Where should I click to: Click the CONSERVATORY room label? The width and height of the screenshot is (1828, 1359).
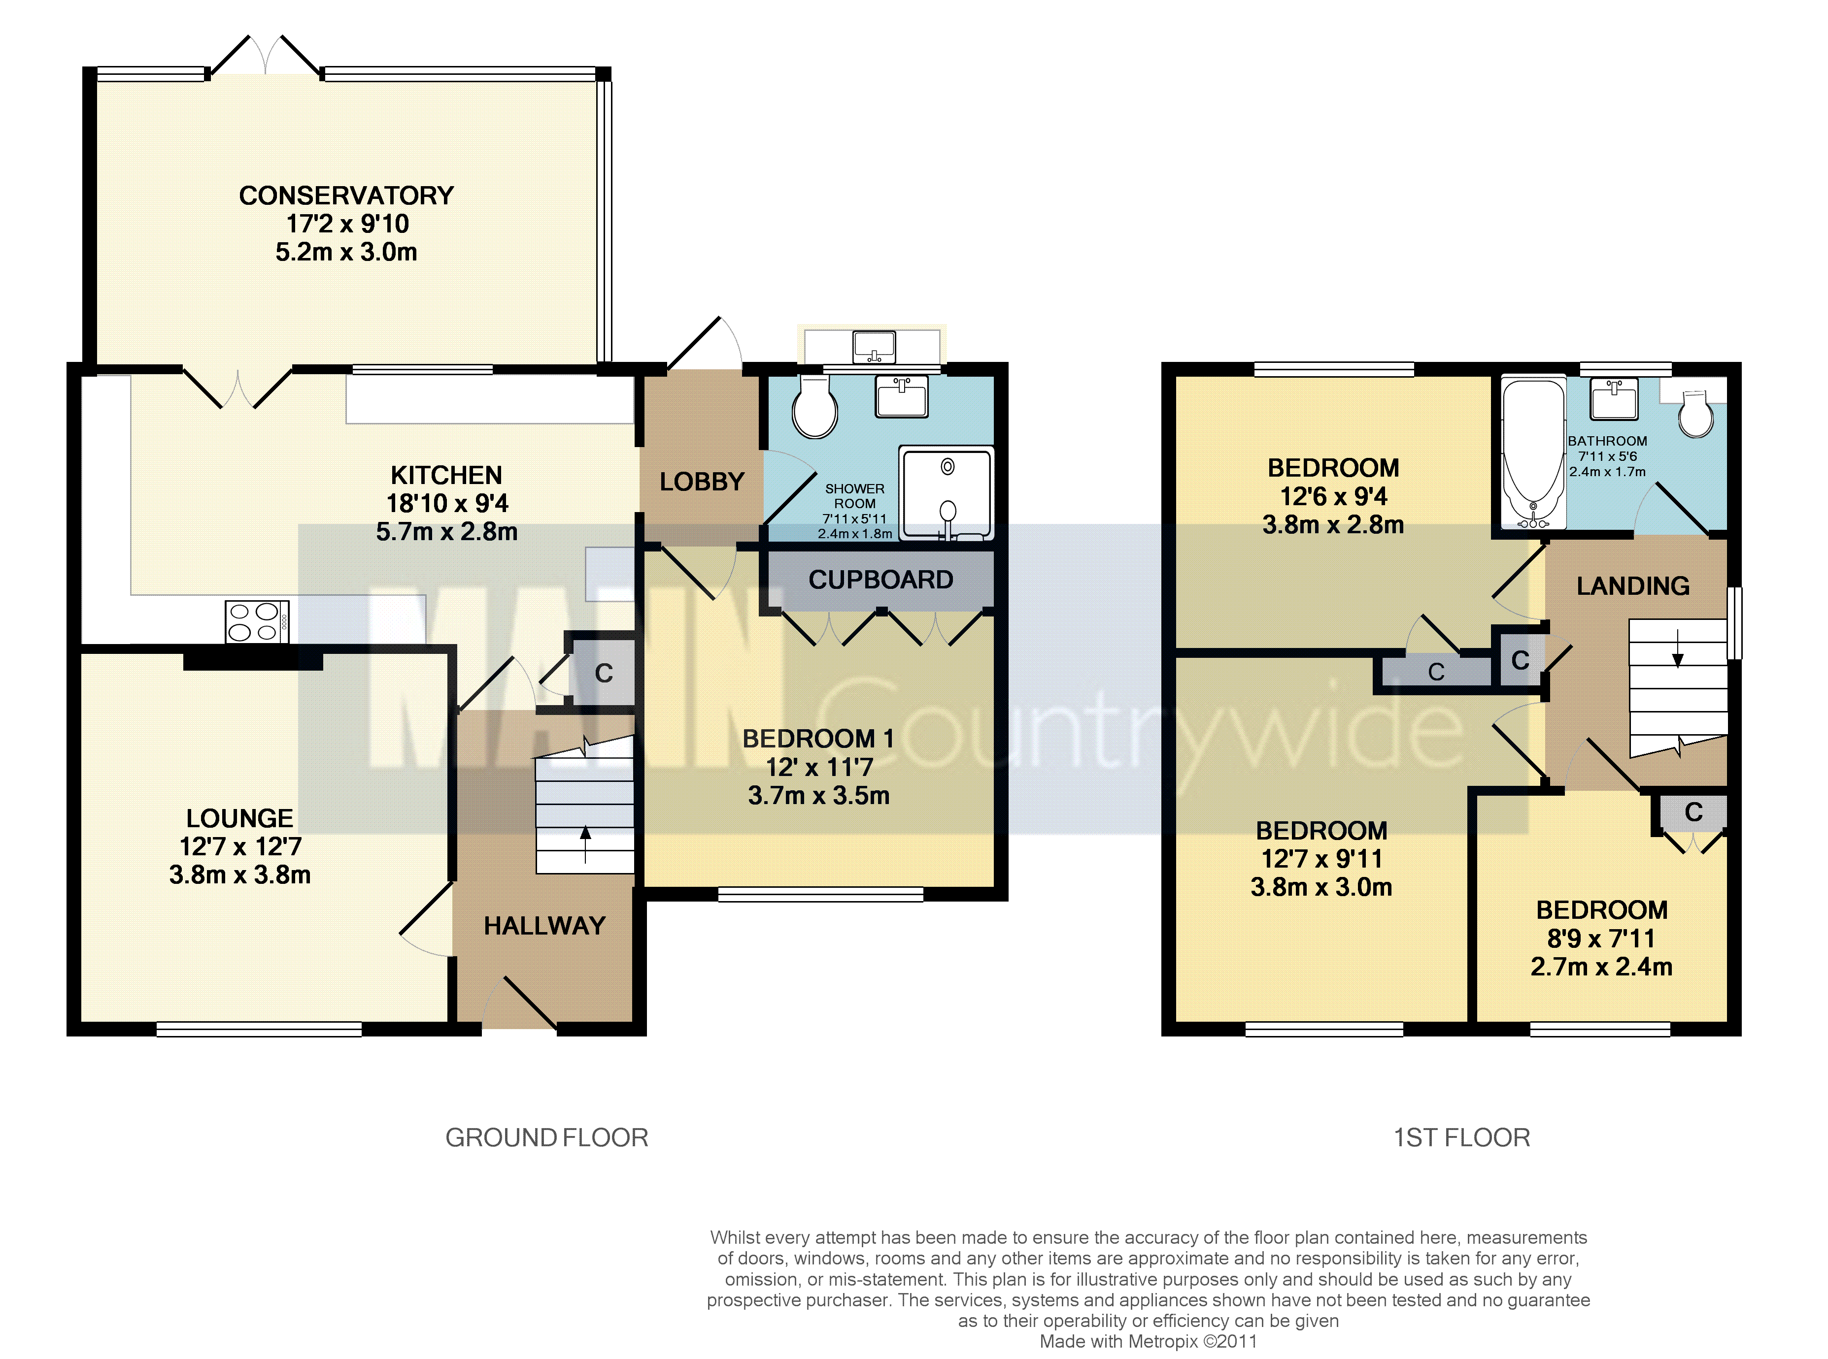[346, 196]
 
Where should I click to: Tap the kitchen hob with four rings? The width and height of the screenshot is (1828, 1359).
[257, 622]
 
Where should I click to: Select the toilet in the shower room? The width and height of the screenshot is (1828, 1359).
[815, 407]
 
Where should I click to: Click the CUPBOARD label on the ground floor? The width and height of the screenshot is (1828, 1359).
[880, 580]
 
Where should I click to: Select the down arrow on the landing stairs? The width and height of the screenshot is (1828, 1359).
[1677, 649]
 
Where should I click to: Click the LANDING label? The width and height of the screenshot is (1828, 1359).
[1633, 586]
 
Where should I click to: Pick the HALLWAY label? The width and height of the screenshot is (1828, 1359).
[545, 926]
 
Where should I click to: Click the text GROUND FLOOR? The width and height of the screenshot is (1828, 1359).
[546, 1138]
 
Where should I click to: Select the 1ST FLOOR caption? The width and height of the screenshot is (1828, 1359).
[1462, 1138]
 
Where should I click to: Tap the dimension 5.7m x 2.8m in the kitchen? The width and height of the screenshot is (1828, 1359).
[447, 532]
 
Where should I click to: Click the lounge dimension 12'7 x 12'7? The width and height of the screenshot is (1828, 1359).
[240, 846]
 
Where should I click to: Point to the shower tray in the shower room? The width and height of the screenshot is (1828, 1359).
[947, 493]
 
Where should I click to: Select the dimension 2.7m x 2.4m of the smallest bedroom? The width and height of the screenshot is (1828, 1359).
[1602, 967]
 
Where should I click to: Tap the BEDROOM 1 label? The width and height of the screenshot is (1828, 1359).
[818, 739]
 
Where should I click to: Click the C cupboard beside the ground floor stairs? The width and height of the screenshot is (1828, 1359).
[603, 673]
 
